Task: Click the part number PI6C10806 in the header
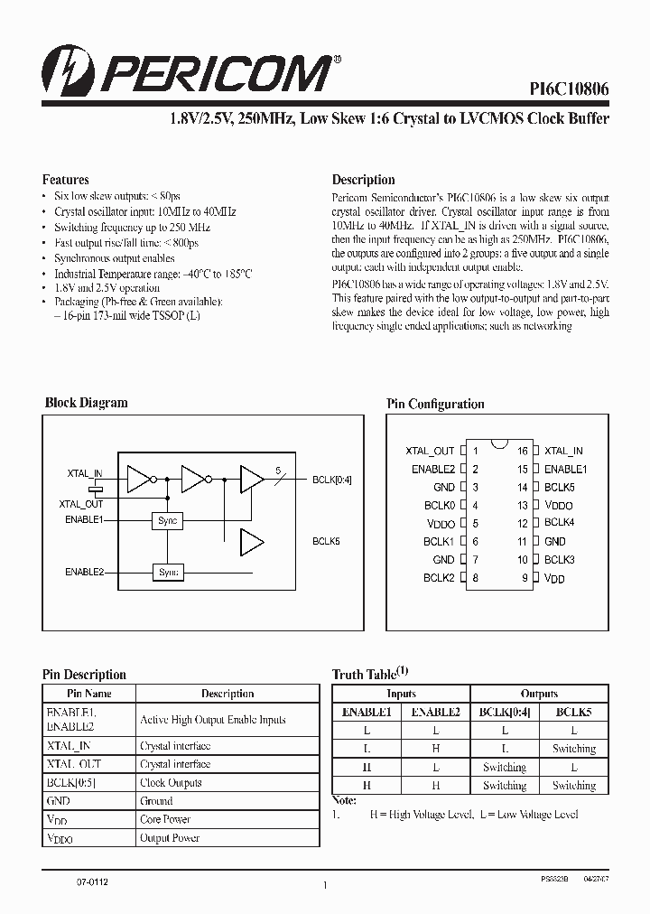(x=568, y=89)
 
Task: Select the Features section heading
(x=66, y=180)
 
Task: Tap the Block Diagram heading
(x=87, y=403)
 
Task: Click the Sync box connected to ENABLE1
(x=168, y=520)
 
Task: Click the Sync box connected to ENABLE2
(x=168, y=572)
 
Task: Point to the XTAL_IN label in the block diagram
(x=85, y=472)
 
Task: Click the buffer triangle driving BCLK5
(x=251, y=542)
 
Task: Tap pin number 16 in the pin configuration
(x=522, y=451)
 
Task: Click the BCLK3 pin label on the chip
(x=560, y=560)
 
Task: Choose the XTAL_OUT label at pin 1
(x=431, y=451)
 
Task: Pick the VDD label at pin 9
(x=554, y=579)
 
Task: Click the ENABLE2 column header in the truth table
(x=436, y=712)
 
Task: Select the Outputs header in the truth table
(x=539, y=694)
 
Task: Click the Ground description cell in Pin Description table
(x=156, y=801)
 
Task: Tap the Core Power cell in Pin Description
(x=165, y=819)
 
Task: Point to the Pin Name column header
(x=88, y=694)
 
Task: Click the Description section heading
(x=364, y=180)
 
